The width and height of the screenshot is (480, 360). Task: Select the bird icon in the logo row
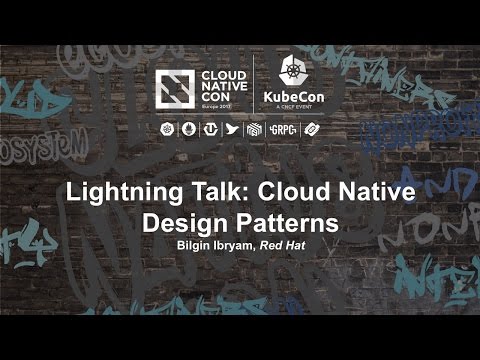[x=232, y=130]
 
